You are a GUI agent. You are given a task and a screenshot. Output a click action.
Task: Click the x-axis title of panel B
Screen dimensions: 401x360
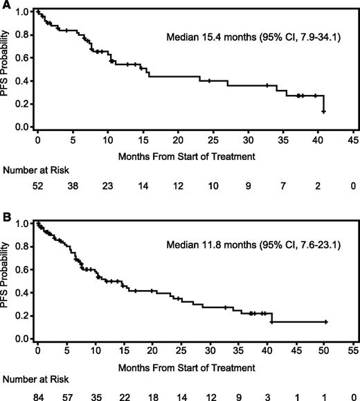[x=195, y=366]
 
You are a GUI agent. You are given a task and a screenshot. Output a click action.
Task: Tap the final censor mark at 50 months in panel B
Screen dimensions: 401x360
[x=325, y=322]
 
